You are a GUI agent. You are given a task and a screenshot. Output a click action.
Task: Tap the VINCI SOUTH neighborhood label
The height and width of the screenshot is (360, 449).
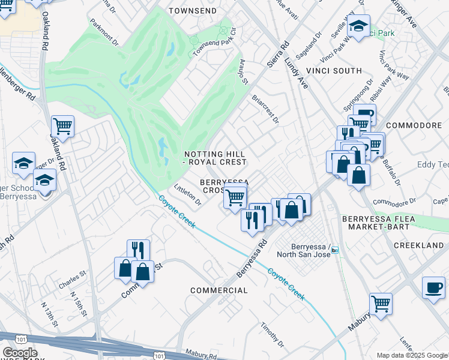[334, 71]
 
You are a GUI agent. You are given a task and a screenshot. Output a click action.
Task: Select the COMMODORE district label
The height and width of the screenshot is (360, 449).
[414, 125]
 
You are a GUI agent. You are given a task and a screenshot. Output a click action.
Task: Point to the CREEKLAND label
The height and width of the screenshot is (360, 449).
[418, 246]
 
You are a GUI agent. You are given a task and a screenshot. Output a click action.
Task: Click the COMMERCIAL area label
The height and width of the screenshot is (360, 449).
[219, 290]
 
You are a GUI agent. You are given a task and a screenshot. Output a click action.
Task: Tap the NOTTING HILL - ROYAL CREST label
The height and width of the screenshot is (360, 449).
[215, 158]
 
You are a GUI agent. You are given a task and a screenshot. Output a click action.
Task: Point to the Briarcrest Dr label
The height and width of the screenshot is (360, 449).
[266, 108]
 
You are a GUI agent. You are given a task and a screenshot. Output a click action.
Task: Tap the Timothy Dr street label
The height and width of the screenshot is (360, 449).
[272, 335]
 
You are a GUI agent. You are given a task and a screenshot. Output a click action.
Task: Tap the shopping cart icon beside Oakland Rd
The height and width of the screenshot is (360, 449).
[62, 127]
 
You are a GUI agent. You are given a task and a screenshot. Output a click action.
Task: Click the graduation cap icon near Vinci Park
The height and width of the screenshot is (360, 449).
[358, 26]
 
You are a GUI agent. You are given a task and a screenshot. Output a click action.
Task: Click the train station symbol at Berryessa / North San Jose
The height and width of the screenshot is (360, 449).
[335, 250]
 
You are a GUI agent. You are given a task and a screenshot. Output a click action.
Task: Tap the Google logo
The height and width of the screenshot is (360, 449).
[19, 353]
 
